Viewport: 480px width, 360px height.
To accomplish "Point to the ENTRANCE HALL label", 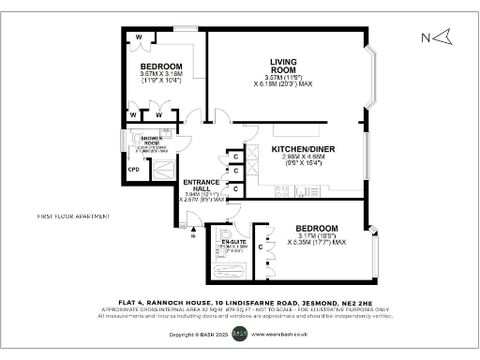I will point(202,184).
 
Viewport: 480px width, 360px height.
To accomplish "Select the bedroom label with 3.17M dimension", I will point(315,229).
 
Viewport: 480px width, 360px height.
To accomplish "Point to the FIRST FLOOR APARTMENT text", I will point(74,216).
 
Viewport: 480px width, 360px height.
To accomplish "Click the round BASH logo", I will point(240,333).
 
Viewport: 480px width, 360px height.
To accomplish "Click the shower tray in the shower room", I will point(160,170).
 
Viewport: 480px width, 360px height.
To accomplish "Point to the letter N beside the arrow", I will point(425,37).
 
